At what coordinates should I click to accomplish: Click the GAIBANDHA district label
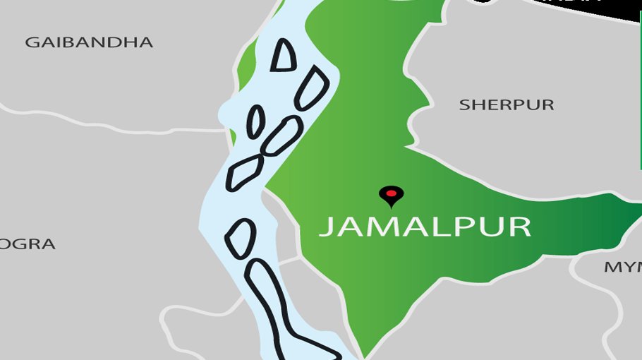pyautogui.click(x=89, y=42)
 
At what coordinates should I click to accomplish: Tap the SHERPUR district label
pyautogui.click(x=507, y=105)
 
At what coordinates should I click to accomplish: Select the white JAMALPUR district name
pyautogui.click(x=425, y=227)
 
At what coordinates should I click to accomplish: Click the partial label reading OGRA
pyautogui.click(x=28, y=244)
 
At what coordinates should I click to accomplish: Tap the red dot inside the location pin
pyautogui.click(x=389, y=192)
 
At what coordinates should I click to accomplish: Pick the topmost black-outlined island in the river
pyautogui.click(x=284, y=55)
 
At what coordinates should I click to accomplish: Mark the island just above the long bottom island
pyautogui.click(x=241, y=238)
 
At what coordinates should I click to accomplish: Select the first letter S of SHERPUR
pyautogui.click(x=464, y=105)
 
